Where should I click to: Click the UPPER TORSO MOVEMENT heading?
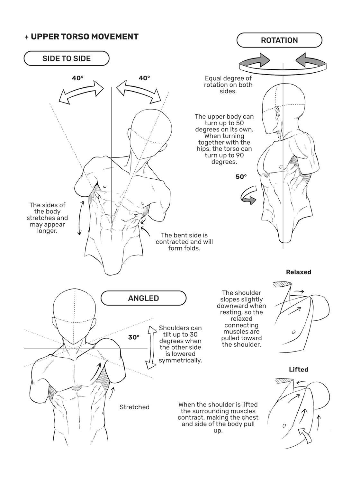coord(85,37)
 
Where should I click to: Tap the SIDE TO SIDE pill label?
coord(67,58)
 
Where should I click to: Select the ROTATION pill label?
coord(279,40)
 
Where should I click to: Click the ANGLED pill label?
coord(143,298)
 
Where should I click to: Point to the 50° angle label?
coord(241,177)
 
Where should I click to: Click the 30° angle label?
coord(134,337)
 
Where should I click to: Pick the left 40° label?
coord(77,78)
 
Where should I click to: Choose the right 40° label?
coord(144,78)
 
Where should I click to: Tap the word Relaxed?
coord(299,272)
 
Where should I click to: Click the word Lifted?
coord(299,370)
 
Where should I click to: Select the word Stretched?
coord(134,407)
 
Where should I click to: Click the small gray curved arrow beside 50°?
coord(248,196)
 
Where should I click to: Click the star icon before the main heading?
coord(26,37)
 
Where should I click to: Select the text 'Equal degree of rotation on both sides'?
coord(228,85)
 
